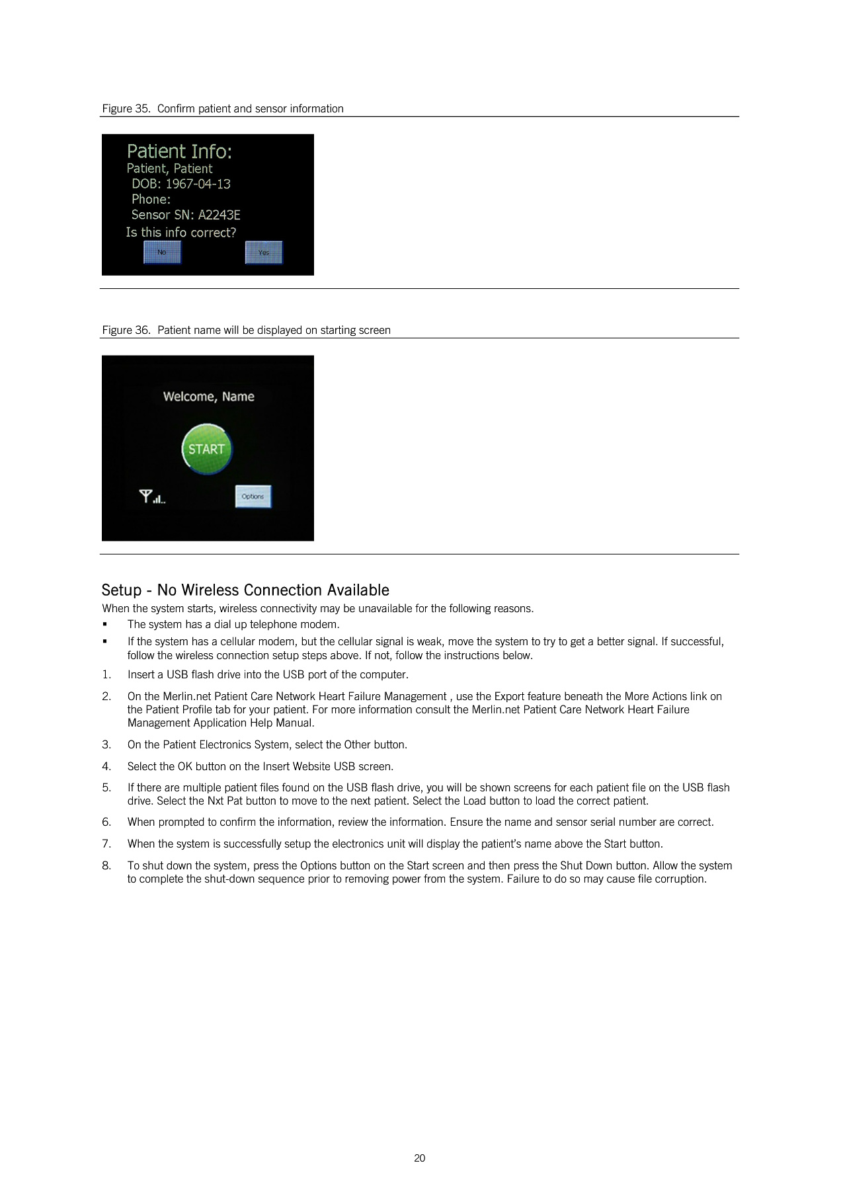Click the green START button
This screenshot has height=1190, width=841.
206,450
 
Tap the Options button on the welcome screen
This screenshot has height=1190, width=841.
253,496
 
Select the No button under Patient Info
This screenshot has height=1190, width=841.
162,253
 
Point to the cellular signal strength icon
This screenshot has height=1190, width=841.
152,496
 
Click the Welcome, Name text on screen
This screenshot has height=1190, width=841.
208,397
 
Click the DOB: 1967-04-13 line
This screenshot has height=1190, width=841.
180,184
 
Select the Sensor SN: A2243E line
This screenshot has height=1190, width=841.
185,215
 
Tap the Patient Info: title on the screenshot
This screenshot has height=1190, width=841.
179,152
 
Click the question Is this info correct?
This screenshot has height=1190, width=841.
180,233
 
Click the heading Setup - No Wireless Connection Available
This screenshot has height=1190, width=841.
245,590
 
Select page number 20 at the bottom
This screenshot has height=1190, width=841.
420,1158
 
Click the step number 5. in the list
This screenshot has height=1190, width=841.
106,788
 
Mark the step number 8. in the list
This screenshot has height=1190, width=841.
106,866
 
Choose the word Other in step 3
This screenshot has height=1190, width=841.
357,745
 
